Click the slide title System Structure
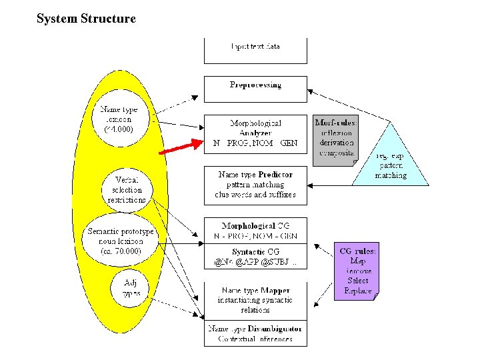point(86,19)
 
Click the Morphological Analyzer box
point(255,133)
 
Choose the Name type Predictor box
point(255,185)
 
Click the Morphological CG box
point(255,231)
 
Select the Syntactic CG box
point(255,257)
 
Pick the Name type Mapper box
point(255,299)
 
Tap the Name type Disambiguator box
point(255,333)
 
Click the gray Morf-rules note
point(335,140)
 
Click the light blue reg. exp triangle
point(390,160)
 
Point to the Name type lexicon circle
point(119,119)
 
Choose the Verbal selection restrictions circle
point(126,190)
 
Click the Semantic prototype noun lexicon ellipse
point(121,241)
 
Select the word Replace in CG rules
point(358,291)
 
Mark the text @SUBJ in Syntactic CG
point(283,263)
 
